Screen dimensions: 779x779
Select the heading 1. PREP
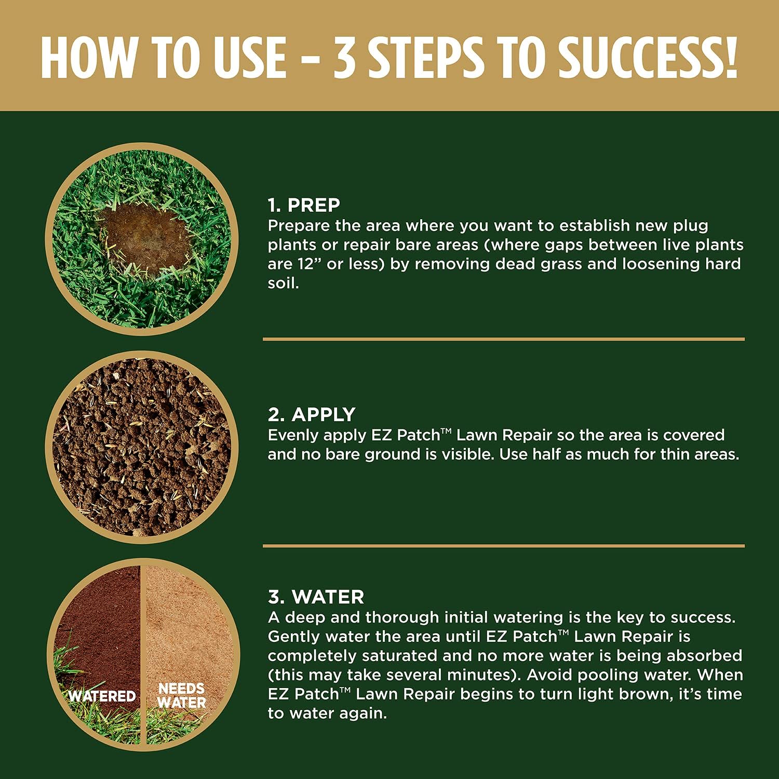tap(304, 205)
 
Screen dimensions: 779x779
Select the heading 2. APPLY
tap(312, 414)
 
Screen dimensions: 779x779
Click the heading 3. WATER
tap(316, 597)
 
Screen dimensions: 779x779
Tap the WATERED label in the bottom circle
tap(102, 696)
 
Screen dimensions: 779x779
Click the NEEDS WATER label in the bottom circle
tap(181, 696)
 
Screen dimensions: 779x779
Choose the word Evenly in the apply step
tap(291, 436)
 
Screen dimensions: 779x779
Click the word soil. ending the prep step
tap(284, 283)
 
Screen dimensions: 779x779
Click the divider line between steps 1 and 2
tap(504, 339)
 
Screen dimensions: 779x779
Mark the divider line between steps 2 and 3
tap(504, 546)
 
